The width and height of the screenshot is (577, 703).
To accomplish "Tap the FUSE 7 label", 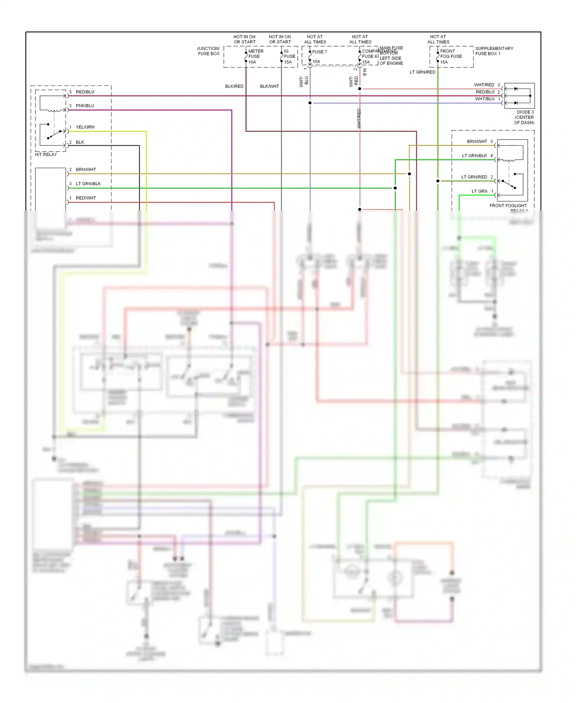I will coord(319,52).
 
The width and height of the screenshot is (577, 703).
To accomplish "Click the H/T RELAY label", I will coord(46,154).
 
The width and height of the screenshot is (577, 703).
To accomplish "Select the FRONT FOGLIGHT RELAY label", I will coord(508,206).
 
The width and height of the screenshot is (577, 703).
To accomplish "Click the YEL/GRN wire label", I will coord(85,127).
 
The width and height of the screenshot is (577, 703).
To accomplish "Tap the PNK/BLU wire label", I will coord(85,105).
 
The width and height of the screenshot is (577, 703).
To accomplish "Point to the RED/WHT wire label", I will coord(86,198).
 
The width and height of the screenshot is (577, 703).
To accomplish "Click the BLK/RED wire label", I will coord(234,86).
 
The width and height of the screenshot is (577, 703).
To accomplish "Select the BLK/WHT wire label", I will coord(269,86).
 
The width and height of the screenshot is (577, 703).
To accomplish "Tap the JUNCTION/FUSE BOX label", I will coord(208,51).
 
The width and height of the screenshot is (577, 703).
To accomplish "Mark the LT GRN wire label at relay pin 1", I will coord(479,191).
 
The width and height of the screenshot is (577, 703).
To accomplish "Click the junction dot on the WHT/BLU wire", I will coord(310,103).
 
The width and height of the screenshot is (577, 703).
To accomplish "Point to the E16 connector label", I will coord(365,72).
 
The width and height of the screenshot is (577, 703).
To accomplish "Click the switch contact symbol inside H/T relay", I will coord(53,134).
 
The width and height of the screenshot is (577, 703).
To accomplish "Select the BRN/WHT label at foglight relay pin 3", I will coord(477,142).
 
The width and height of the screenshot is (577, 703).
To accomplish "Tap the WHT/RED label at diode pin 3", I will coord(484,85).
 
